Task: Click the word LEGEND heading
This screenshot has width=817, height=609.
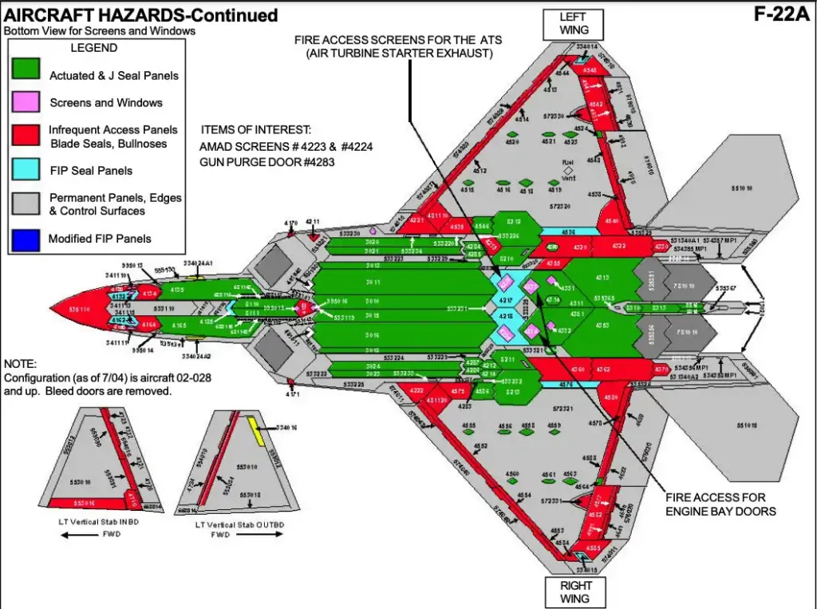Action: (94, 47)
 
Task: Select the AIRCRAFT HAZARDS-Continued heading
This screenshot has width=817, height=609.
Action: (142, 15)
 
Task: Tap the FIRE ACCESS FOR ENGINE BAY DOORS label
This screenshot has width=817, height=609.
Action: (720, 504)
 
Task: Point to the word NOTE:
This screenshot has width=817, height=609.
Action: (21, 363)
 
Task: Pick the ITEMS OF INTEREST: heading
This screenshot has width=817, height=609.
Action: (255, 129)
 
